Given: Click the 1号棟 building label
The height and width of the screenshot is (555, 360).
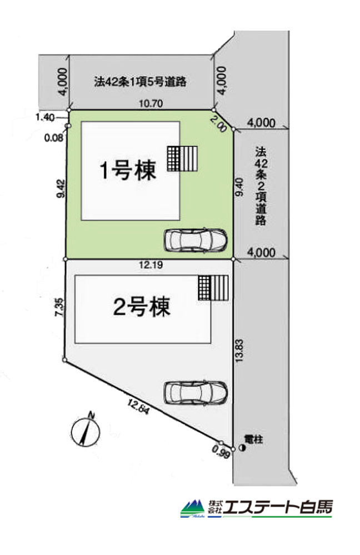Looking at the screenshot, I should [128, 170].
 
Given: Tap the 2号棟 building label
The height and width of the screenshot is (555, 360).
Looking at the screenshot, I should [142, 307].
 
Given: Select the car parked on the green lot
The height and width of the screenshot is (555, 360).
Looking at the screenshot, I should [195, 240].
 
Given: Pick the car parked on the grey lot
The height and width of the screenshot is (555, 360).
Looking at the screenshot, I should [195, 392].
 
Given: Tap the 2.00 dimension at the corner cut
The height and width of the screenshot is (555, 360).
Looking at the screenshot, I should [219, 125].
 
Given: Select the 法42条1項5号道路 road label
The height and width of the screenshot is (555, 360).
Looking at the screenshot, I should [139, 82].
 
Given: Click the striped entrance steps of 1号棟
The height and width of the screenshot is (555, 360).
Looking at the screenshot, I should [183, 160].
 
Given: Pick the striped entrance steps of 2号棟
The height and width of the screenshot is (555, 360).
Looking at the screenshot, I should [213, 287].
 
